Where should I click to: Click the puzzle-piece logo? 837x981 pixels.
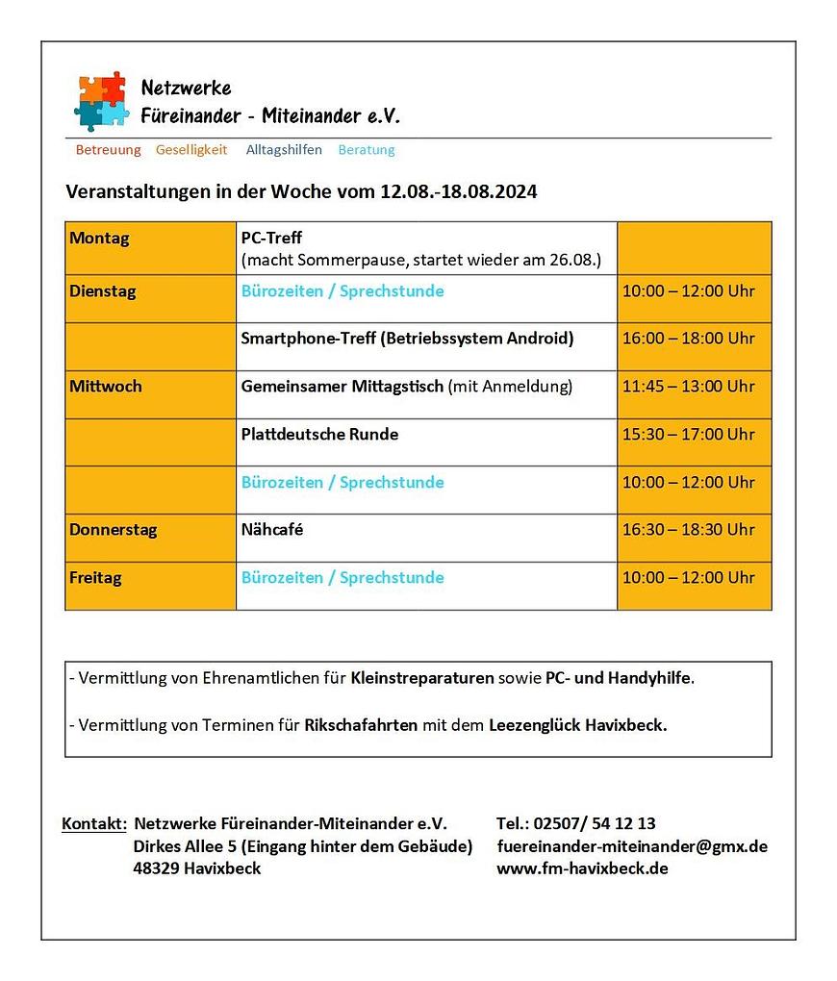pos(101,100)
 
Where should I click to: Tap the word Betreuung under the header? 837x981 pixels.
pos(108,150)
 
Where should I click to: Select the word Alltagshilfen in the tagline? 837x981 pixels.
pos(284,150)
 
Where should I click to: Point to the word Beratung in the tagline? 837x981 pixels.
pos(367,150)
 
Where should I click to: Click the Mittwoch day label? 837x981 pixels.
pos(105,387)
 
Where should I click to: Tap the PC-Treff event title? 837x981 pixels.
pos(271,239)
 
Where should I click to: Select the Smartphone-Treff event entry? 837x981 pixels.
pos(407,339)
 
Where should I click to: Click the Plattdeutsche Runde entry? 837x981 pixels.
pos(319,435)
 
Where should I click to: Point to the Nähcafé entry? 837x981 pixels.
pos(272,530)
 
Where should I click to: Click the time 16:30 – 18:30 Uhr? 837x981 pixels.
pos(688,530)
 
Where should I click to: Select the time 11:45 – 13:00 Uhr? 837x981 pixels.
pos(688,387)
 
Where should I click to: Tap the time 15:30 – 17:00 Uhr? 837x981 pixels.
pos(688,435)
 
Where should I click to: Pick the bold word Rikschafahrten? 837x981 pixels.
pos(361,725)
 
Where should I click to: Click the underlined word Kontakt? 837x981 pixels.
pos(94,824)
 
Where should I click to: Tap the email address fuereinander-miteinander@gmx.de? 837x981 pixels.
pos(632,847)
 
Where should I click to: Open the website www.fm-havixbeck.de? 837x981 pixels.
pos(582,869)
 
